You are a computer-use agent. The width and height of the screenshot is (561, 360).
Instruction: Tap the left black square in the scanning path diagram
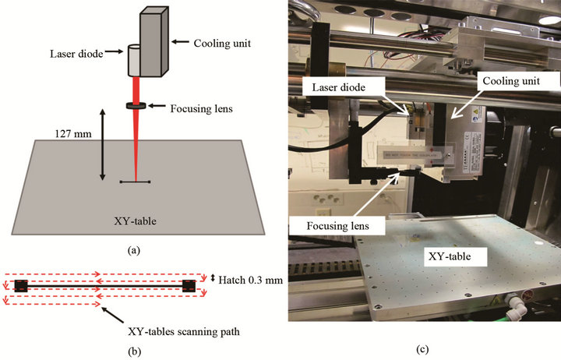click(x=21, y=286)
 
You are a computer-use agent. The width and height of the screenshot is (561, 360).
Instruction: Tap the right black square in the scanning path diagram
click(x=189, y=286)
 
